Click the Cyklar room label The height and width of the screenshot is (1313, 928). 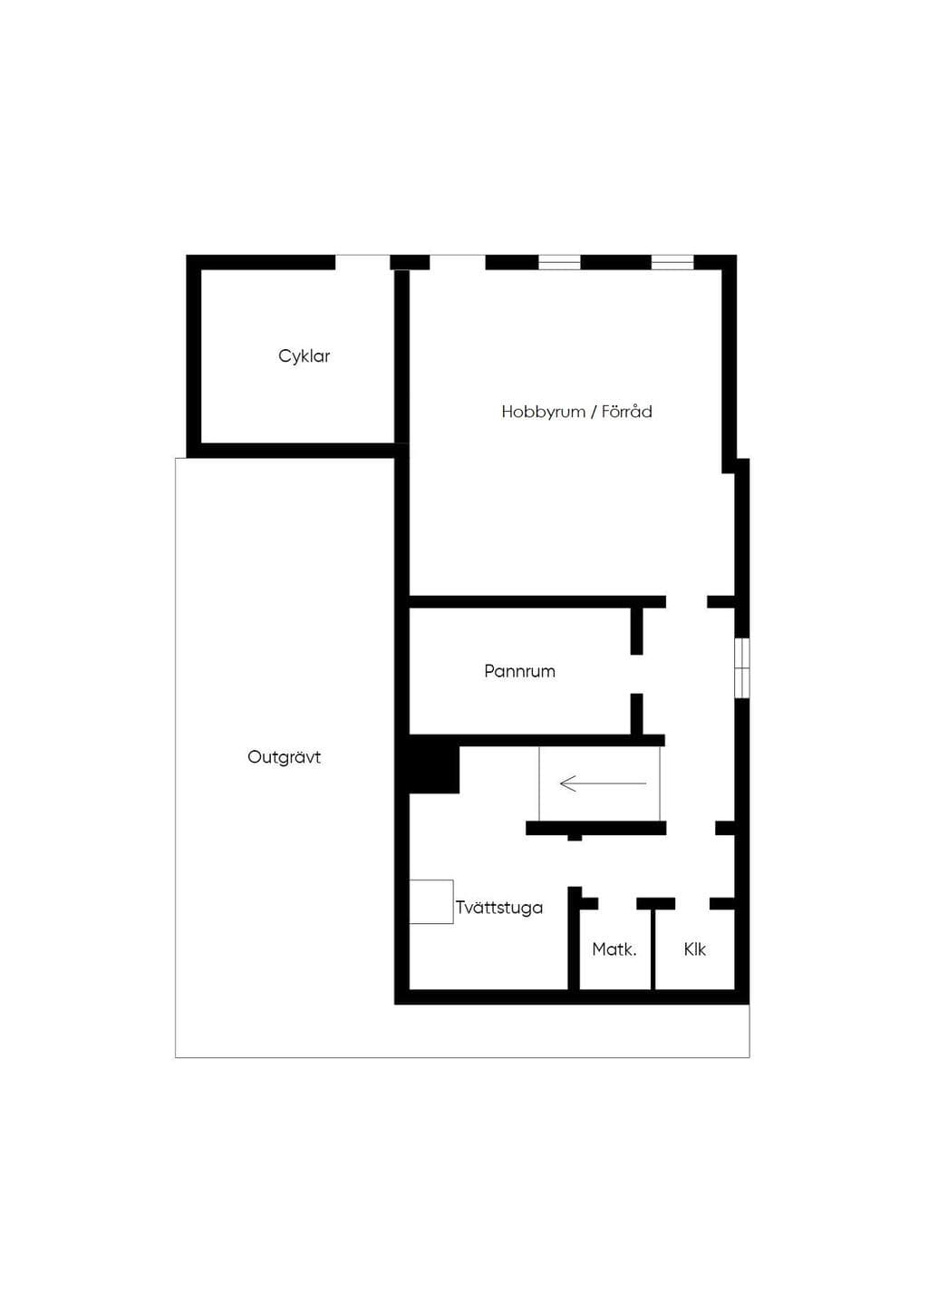[304, 356]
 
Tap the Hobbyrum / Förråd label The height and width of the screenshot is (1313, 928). [576, 412]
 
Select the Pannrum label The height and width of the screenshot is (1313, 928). [519, 671]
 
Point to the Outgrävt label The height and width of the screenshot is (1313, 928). [285, 757]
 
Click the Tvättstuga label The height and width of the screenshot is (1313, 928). [499, 908]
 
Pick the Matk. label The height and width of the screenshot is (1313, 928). [614, 949]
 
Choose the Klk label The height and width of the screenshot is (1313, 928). [695, 949]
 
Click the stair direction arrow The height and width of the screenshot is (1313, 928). [603, 783]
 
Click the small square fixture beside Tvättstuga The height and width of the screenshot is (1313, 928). [431, 901]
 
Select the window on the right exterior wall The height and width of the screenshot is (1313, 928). [741, 667]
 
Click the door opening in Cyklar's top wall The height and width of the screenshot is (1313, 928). [362, 262]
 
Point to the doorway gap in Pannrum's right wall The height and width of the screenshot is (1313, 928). [637, 674]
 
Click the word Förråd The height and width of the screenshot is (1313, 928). [627, 412]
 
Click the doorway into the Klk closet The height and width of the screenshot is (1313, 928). [691, 903]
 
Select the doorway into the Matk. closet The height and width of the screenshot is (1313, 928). [617, 903]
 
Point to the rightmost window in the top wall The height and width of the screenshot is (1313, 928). [672, 262]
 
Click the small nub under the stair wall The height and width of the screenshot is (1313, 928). [575, 838]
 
